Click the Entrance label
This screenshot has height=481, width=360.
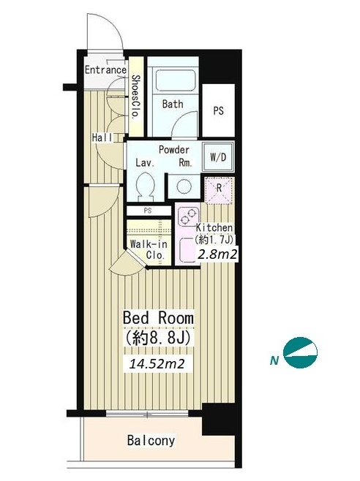[105, 69]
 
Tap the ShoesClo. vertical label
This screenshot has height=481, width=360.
[136, 97]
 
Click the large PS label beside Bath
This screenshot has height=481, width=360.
[218, 110]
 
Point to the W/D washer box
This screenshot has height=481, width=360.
[218, 156]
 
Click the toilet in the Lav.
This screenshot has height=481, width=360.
[145, 186]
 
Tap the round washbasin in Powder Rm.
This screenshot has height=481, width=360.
[184, 185]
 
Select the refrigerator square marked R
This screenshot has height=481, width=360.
[219, 191]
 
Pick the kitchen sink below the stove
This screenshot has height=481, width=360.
[187, 250]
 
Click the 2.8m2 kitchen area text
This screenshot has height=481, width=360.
[217, 254]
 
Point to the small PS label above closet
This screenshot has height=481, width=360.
[148, 211]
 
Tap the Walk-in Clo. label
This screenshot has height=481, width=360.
[149, 249]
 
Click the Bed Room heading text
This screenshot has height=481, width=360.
[158, 318]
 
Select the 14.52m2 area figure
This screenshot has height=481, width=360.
[157, 364]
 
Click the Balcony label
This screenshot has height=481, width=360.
[151, 441]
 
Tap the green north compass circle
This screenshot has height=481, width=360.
[301, 352]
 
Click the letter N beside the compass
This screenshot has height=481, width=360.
[274, 361]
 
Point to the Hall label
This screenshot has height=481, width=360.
[102, 137]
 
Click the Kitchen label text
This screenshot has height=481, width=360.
[214, 228]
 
